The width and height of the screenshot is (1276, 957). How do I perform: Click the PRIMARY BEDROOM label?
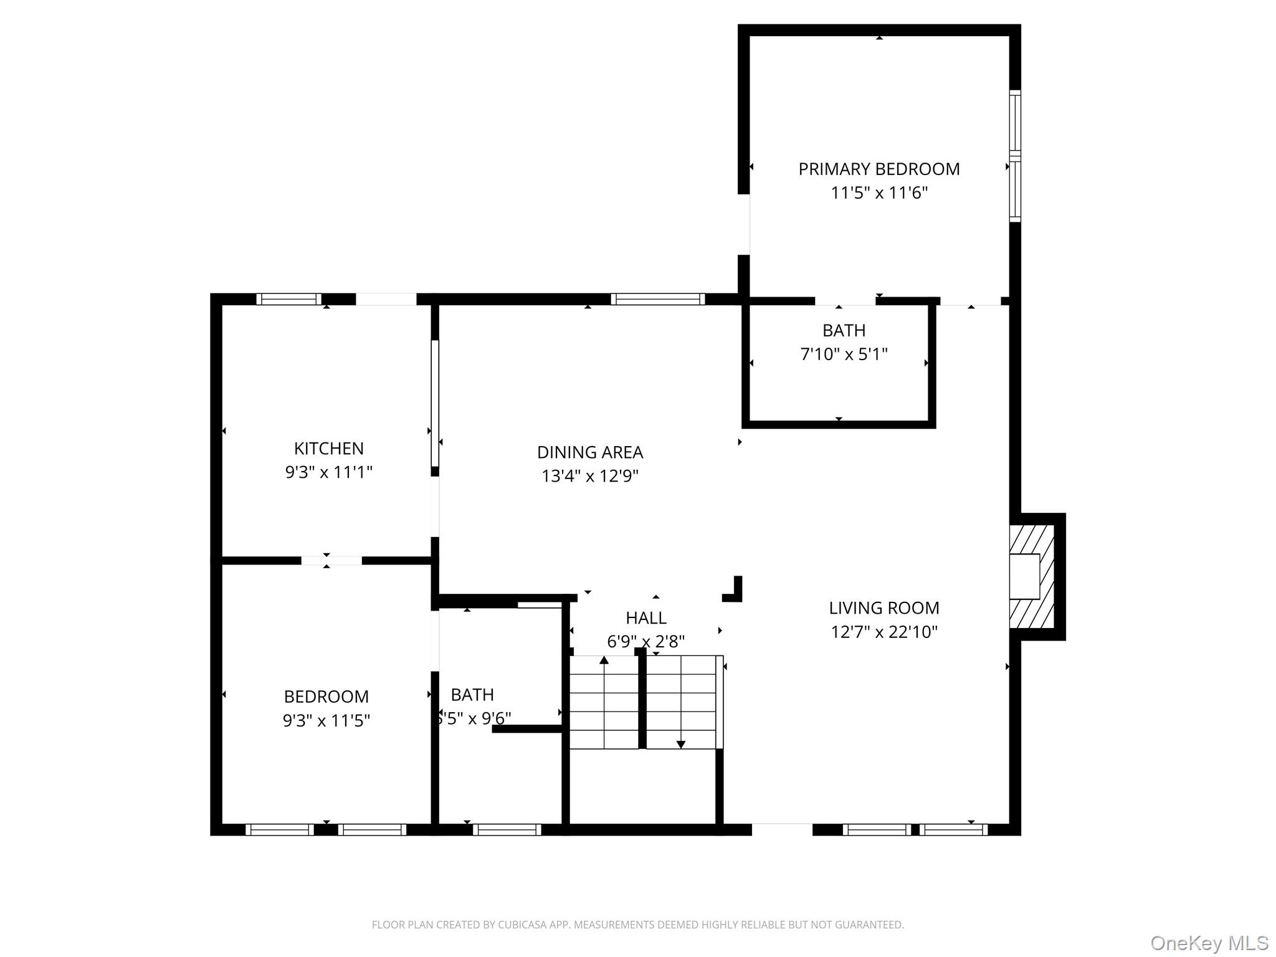click(878, 169)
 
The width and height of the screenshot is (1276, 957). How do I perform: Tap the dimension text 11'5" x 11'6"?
click(878, 193)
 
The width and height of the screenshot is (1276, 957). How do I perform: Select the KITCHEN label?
click(328, 449)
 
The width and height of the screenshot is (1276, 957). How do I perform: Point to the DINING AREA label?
click(589, 452)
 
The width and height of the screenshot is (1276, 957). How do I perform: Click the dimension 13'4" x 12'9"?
click(589, 477)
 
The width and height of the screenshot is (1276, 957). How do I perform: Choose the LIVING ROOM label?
click(883, 608)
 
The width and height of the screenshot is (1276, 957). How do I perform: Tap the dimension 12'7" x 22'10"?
click(883, 632)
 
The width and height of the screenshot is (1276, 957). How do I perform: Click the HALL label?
click(645, 618)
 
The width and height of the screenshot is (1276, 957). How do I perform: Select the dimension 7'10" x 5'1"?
click(844, 355)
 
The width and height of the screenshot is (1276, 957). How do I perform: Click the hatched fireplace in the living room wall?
click(1031, 576)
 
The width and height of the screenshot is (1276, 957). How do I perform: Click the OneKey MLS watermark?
click(1209, 943)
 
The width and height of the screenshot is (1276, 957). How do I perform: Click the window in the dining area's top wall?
click(657, 299)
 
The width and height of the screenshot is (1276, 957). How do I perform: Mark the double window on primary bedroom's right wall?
click(1015, 156)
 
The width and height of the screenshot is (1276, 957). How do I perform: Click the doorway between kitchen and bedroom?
click(331, 561)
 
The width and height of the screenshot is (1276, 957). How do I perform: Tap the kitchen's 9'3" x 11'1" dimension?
click(328, 472)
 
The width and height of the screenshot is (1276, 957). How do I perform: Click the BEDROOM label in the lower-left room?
click(326, 697)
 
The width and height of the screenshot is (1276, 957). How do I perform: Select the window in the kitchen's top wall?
click(288, 299)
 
